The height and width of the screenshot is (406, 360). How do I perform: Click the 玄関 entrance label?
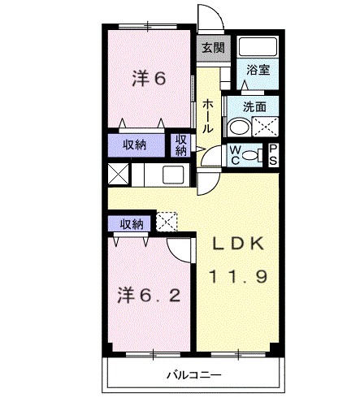pyautogui.click(x=211, y=46)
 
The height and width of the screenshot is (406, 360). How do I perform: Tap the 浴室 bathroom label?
pyautogui.click(x=258, y=71)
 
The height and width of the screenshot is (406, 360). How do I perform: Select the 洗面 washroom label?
pyautogui.click(x=255, y=106)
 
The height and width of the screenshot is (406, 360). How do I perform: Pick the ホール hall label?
pyautogui.click(x=209, y=117)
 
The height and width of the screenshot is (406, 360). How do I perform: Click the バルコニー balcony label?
pyautogui.click(x=192, y=375)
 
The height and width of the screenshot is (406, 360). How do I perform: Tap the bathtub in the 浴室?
pyautogui.click(x=258, y=48)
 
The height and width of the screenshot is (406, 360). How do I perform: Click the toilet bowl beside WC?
pyautogui.click(x=251, y=154)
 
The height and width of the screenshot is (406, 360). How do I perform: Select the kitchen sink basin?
pyautogui.click(x=174, y=175)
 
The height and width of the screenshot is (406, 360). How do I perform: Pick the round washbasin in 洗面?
pyautogui.click(x=239, y=127)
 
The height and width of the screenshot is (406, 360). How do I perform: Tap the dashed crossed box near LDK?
pyautogui.click(x=167, y=221)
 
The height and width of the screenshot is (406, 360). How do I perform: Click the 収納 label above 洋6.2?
pyautogui.click(x=132, y=222)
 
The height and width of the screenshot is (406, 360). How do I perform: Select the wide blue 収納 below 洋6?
pyautogui.click(x=135, y=145)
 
